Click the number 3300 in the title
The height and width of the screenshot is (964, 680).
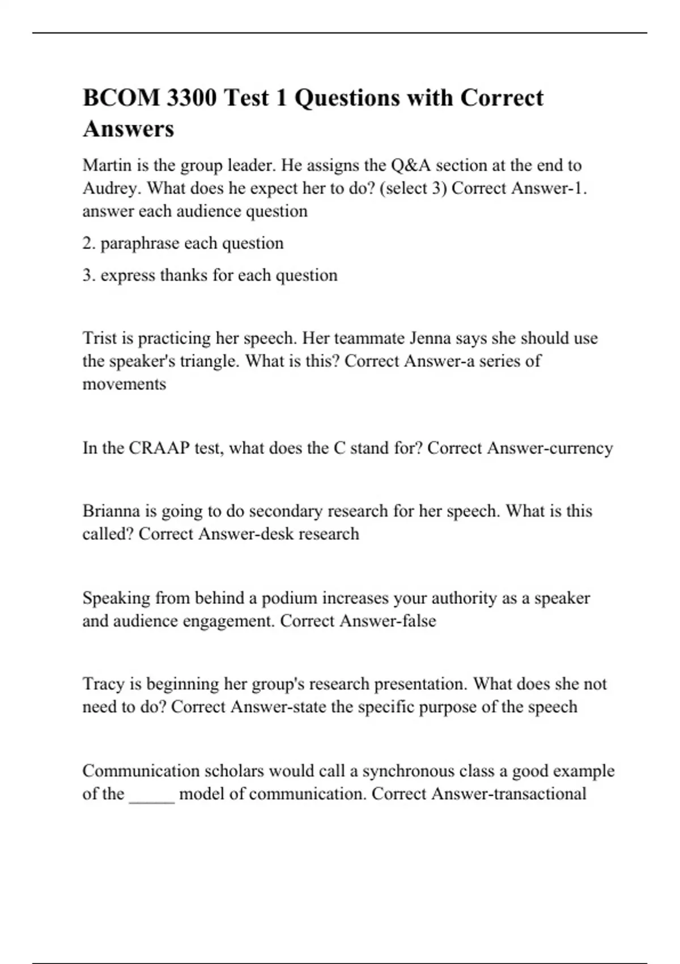tap(192, 98)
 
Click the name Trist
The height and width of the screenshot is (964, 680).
tap(100, 339)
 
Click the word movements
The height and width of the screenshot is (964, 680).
tap(124, 384)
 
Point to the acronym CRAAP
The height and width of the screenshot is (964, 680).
tap(159, 449)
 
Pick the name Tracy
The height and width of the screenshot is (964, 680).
tap(104, 684)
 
